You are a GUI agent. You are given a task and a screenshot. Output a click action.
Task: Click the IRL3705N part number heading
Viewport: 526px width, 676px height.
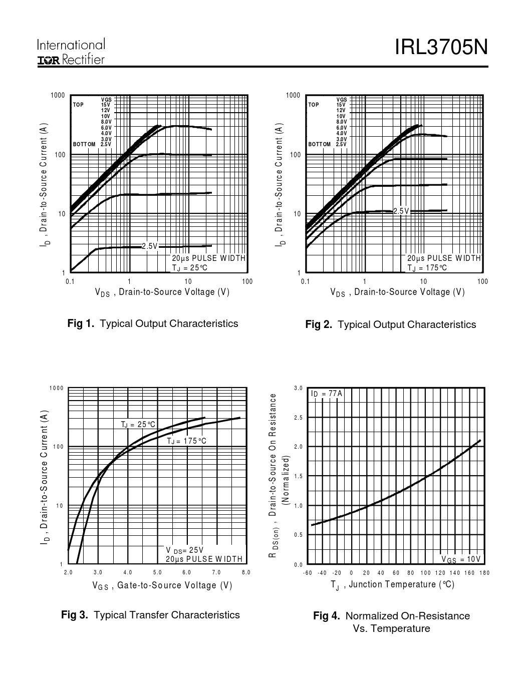pos(441,48)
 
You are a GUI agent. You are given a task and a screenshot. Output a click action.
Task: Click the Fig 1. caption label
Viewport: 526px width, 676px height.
pos(81,323)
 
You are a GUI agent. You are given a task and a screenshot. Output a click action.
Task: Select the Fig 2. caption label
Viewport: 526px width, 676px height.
pos(319,325)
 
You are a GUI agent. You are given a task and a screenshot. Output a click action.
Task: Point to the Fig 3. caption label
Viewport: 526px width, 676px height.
pos(75,615)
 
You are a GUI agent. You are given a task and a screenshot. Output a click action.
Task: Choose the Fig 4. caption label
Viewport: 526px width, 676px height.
pos(327,616)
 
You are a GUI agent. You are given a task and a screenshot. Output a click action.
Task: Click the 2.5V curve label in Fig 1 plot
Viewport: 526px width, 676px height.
pos(150,246)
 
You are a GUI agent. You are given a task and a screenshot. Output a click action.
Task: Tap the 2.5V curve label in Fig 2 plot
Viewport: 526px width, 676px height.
pos(401,211)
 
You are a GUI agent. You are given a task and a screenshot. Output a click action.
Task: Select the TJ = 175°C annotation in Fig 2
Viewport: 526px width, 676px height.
pos(427,268)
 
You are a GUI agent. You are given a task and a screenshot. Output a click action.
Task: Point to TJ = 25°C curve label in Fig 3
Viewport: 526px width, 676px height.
pos(138,425)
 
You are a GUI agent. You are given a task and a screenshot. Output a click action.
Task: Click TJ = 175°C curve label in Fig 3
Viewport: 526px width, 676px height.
pos(186,441)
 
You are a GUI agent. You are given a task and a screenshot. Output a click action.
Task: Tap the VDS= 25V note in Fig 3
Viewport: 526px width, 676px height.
pos(184,550)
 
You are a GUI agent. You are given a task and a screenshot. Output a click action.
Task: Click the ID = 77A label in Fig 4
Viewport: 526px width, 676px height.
pos(327,394)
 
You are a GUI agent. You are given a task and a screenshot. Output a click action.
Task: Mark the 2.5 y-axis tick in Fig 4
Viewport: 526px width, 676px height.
pos(298,418)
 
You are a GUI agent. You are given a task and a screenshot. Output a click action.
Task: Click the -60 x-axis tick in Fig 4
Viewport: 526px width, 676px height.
pos(307,573)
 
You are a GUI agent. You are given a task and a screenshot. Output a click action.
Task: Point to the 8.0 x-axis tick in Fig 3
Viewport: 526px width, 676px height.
pos(246,572)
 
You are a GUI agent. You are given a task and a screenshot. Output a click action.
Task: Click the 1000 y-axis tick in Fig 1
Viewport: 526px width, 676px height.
pos(58,96)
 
